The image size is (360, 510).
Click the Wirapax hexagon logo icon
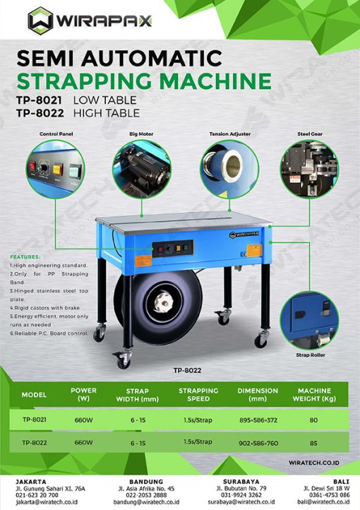(40, 21)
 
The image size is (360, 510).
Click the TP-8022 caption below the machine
(187, 369)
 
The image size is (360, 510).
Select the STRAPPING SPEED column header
(193, 393)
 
